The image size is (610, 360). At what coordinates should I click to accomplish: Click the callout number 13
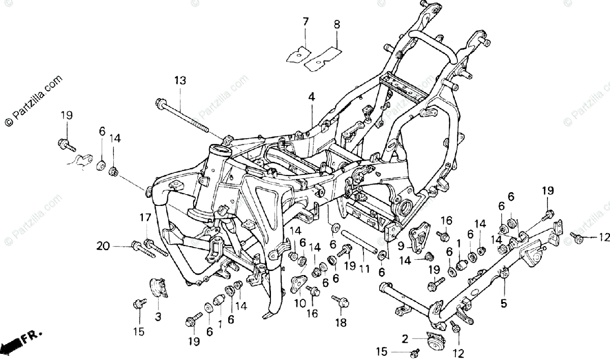(x=179, y=80)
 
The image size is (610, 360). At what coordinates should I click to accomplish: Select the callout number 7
(x=306, y=22)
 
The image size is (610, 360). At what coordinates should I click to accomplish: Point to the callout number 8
(x=337, y=24)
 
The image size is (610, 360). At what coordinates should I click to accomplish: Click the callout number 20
(x=103, y=247)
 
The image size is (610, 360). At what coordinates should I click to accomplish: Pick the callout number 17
(x=145, y=218)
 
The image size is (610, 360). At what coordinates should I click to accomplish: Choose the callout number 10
(x=300, y=304)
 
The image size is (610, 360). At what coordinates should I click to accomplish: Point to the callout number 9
(x=401, y=246)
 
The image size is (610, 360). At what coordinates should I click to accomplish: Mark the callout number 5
(x=503, y=304)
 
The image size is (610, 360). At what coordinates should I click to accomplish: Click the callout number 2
(x=405, y=338)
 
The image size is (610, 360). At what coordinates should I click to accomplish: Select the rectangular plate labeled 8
(x=322, y=56)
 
